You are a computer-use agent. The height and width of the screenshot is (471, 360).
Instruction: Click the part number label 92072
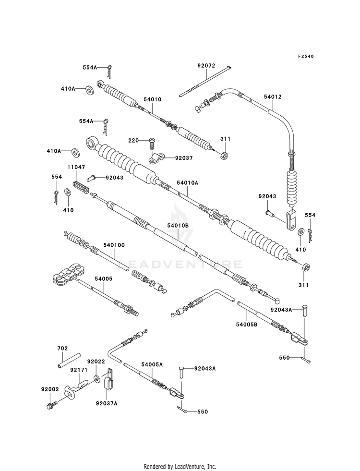pos(206,65)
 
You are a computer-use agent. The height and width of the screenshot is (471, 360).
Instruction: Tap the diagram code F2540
pos(306,56)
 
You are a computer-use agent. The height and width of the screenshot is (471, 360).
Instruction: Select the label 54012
pos(273,97)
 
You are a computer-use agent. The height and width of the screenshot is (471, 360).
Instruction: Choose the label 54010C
pos(114,245)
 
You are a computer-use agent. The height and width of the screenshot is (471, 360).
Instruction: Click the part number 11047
pos(76,167)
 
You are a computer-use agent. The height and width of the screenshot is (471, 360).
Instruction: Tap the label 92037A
pos(107,403)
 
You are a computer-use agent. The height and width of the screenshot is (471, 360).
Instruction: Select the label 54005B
pos(247,325)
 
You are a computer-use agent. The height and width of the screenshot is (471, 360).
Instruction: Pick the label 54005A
pos(152,364)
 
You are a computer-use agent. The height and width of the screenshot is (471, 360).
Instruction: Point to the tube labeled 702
pos(69,361)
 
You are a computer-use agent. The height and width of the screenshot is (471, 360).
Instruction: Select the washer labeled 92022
pos(96,379)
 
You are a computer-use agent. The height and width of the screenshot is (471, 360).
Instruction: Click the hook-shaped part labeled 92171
pos(74,389)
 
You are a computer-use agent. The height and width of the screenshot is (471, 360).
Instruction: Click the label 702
pos(62,349)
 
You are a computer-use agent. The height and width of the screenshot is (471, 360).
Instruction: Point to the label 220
pos(133,140)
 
